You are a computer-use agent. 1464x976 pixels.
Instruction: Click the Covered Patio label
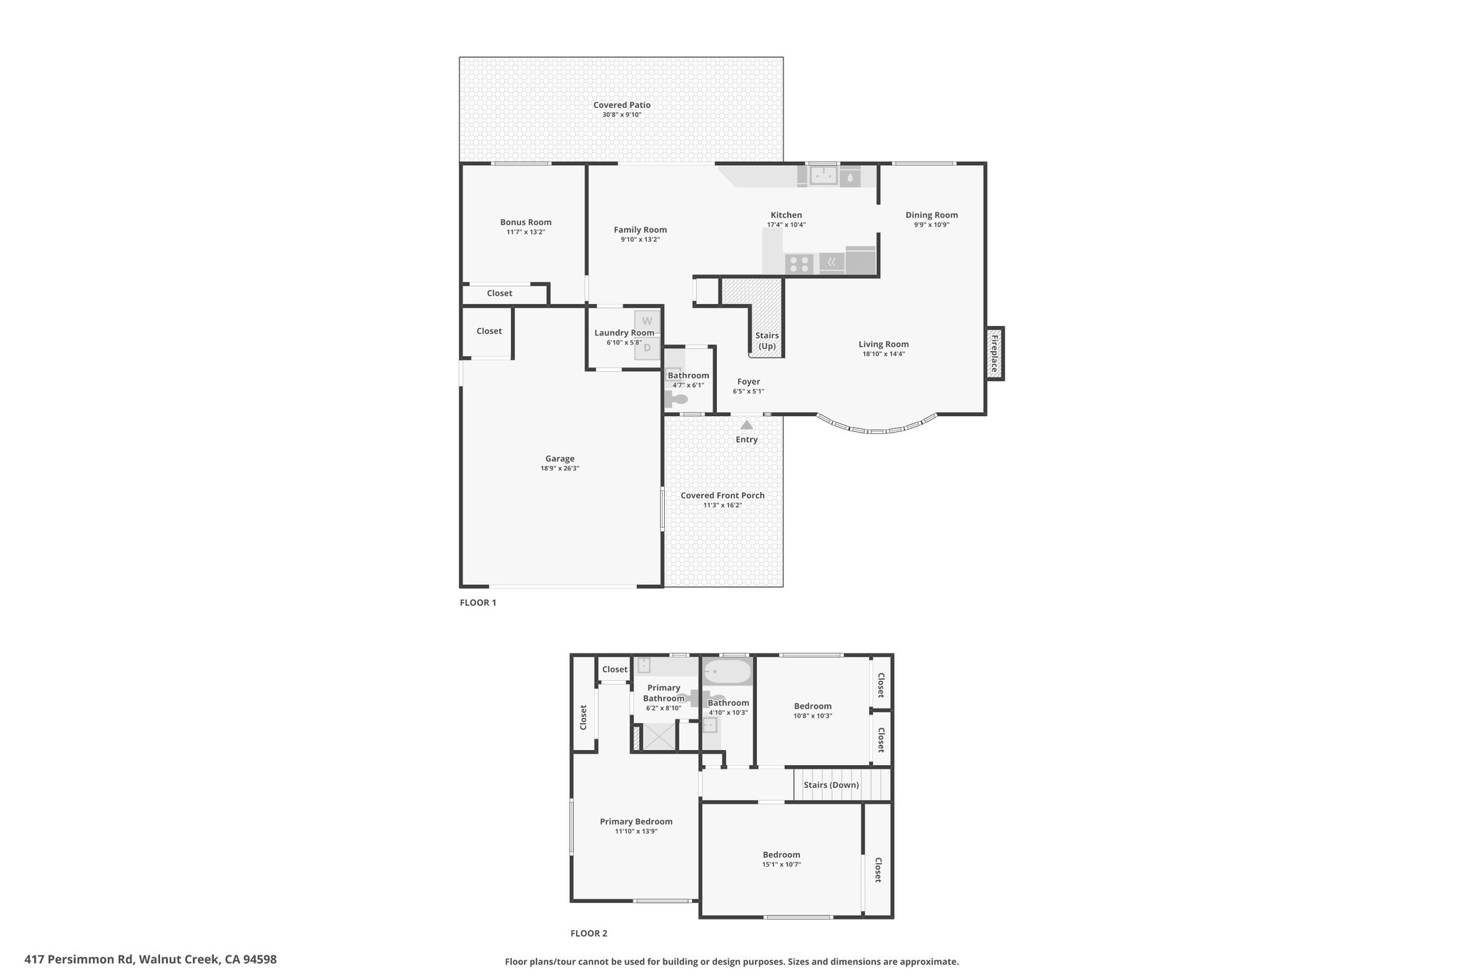tap(622, 105)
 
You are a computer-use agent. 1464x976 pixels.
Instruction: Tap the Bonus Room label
tap(525, 222)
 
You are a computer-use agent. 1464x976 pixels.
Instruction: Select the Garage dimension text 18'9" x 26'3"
tap(560, 468)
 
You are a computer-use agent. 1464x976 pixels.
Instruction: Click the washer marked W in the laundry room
tap(647, 321)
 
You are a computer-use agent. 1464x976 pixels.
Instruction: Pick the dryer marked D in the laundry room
tap(647, 348)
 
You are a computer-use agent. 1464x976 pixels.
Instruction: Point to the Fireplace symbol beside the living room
tap(994, 353)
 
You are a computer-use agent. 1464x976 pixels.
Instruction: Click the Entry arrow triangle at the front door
tap(746, 425)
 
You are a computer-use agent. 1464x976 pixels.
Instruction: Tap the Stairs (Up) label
tap(767, 341)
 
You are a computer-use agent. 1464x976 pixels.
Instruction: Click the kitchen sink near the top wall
tap(823, 176)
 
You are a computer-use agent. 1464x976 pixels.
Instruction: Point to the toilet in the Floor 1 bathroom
tap(676, 399)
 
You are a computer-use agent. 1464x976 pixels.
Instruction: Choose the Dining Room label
tap(931, 215)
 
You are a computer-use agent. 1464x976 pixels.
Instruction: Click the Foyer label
tap(748, 382)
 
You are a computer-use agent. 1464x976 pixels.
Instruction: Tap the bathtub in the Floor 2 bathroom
tap(728, 672)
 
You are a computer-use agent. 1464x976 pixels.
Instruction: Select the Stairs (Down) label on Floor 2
tap(831, 785)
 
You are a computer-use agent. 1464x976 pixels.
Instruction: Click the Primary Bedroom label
tap(636, 822)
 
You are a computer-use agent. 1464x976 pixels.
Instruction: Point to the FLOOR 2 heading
tap(589, 933)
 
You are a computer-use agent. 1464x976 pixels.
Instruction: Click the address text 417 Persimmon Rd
tap(79, 960)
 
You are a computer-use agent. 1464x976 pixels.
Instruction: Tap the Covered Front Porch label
tap(723, 496)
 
